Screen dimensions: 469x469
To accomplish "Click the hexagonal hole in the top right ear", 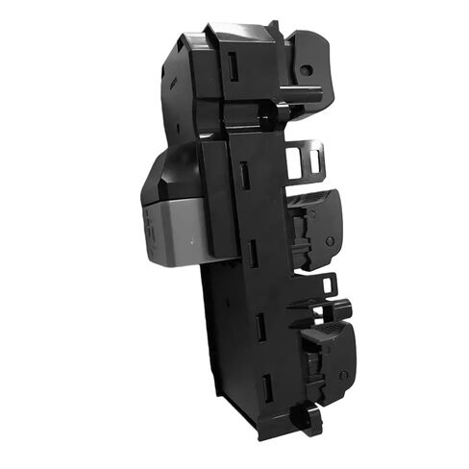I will [306, 70].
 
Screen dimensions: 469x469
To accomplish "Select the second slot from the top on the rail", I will [244, 175].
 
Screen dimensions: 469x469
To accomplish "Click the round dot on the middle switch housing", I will [330, 241].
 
